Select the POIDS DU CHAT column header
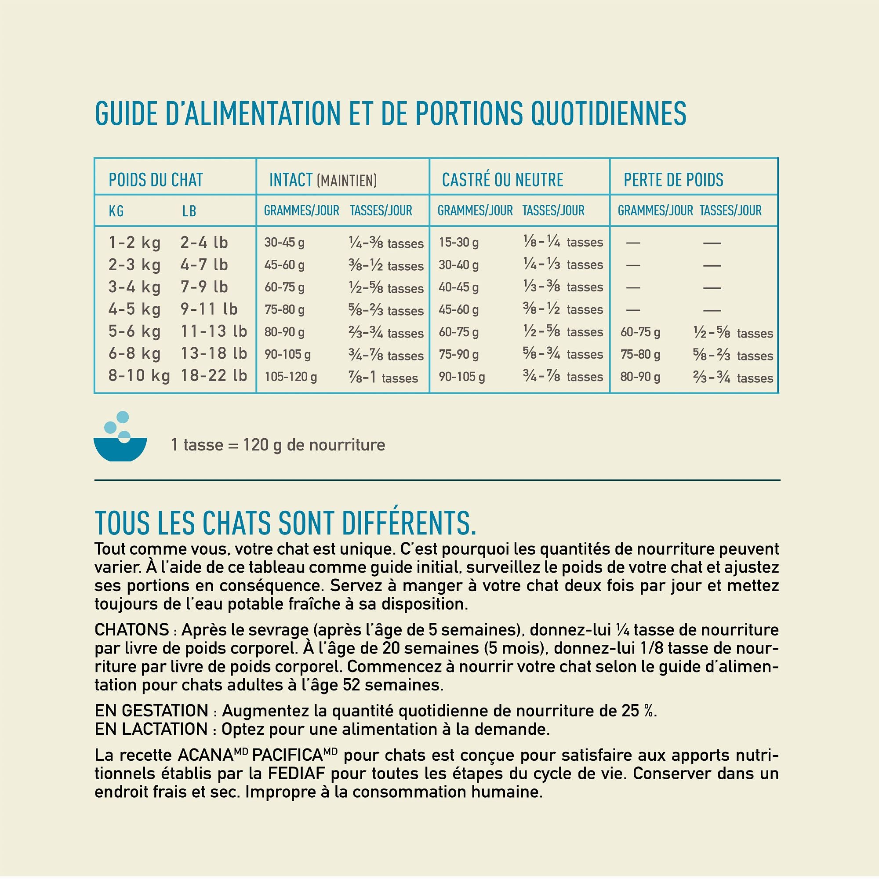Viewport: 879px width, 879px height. click(156, 180)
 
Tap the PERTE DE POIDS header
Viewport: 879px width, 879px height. click(673, 180)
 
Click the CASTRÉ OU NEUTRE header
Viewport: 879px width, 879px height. click(502, 180)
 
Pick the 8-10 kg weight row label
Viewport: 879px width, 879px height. click(139, 376)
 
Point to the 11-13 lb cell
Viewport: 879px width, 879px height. click(214, 331)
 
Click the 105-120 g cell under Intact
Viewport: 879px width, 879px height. click(291, 377)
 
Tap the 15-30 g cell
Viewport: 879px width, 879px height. click(458, 243)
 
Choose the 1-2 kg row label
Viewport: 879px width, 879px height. click(134, 243)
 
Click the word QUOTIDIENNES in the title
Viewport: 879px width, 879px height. click(608, 113)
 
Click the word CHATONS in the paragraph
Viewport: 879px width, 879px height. click(131, 630)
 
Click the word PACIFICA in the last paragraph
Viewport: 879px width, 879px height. click(287, 755)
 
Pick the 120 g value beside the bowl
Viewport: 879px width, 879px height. click(262, 444)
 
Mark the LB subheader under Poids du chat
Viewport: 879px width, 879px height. click(189, 211)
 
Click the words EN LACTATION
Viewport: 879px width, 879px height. click(151, 729)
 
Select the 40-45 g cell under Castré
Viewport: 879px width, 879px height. click(458, 287)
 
